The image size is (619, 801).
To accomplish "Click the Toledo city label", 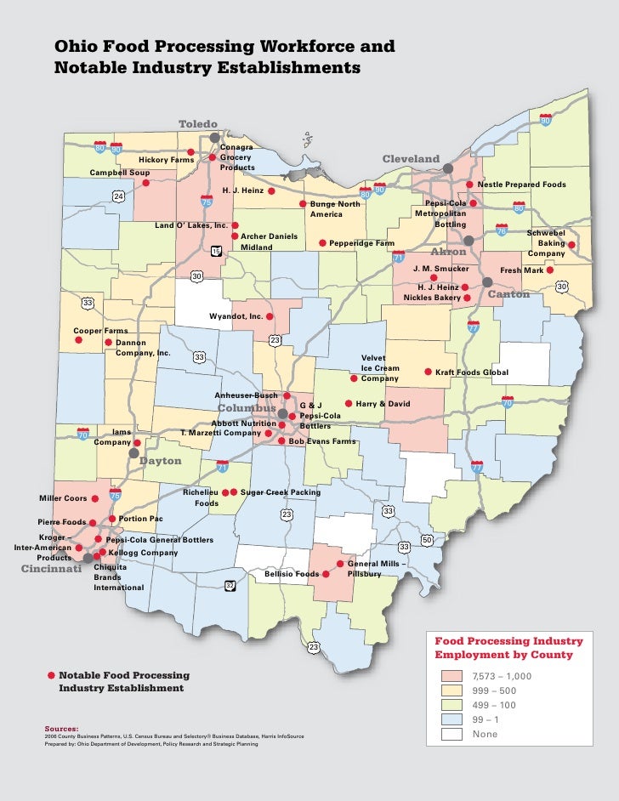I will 198,124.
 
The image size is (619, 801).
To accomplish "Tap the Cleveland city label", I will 411,159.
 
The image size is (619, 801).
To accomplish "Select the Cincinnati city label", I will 50,569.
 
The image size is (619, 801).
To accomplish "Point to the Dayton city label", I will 161,461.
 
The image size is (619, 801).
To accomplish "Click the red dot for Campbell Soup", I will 145,183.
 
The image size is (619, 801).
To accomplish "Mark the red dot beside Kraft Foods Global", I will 428,372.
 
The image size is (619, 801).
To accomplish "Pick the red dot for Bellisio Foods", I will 325,574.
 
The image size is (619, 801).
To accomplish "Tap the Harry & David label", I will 383,403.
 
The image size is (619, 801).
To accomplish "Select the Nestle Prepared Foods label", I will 521,185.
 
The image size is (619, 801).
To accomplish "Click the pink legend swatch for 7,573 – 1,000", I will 451,676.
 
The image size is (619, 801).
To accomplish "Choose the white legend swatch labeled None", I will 451,734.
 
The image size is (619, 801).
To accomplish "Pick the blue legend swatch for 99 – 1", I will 451,719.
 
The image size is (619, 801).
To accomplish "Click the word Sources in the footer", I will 61,729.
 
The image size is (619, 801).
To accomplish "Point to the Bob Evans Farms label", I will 322,441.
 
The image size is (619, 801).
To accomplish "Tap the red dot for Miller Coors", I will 94,499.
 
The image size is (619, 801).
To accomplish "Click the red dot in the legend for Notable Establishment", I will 51,675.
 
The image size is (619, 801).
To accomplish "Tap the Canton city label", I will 508,294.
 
